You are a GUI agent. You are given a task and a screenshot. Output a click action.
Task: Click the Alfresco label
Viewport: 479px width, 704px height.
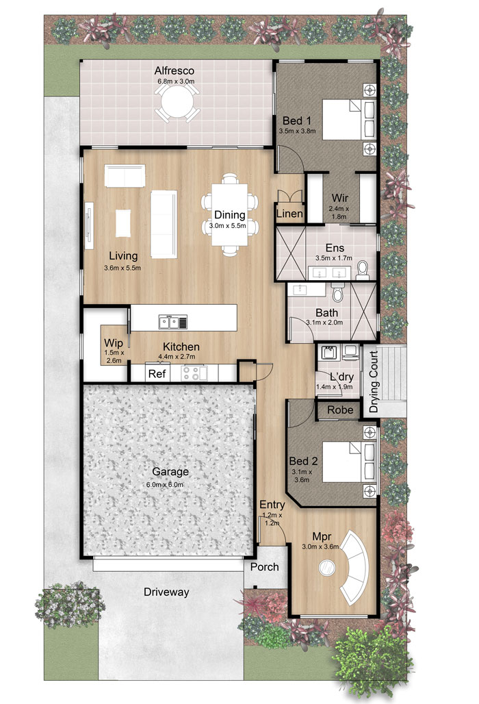coord(174,71)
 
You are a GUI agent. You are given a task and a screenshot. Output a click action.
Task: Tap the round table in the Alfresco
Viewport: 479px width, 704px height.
coord(177,101)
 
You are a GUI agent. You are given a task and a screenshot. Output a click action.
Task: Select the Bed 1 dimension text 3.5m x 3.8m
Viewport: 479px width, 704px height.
coord(297,131)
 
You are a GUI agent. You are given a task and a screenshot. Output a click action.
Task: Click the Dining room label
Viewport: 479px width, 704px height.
coord(230,214)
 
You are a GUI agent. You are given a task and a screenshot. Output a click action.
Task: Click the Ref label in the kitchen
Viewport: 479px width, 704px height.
coord(157,373)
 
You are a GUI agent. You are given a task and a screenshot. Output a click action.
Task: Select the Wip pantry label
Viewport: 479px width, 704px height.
coord(114,344)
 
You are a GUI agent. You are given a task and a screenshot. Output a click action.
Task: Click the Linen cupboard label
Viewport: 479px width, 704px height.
coord(289,214)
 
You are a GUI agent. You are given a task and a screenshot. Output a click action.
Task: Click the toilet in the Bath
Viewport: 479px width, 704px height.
coord(338,292)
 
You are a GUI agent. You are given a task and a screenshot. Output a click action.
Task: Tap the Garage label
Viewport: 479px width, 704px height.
coord(170,471)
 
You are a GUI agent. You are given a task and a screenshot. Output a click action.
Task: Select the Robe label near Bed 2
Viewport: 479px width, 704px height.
coord(340,410)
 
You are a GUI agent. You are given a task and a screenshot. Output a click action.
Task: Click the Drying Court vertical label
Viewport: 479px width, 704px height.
coord(374,381)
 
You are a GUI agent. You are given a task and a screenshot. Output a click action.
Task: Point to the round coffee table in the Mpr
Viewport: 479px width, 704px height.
coord(326,568)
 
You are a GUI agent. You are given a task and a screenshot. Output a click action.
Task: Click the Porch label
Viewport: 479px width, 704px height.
coord(265,567)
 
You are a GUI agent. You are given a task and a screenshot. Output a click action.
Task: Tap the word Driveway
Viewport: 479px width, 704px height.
coord(166,592)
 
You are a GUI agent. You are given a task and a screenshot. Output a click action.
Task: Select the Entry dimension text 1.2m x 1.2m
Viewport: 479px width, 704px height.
coord(272,519)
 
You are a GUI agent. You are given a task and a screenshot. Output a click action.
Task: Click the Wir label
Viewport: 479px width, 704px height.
coord(339,197)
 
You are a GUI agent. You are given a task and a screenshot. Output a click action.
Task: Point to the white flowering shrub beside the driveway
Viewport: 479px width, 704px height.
coord(70,605)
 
